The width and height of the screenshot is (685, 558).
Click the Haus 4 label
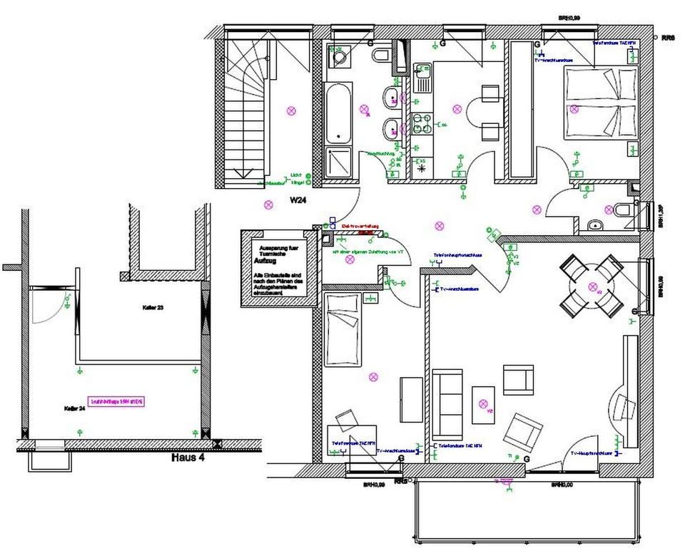click(188, 458)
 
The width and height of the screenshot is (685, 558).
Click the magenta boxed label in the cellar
click(116, 401)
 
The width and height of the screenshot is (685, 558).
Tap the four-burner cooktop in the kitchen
click(423, 124)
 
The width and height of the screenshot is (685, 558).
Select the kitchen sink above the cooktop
click(422, 79)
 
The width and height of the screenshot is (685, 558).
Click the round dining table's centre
click(592, 286)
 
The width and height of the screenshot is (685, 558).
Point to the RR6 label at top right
click(668, 37)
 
